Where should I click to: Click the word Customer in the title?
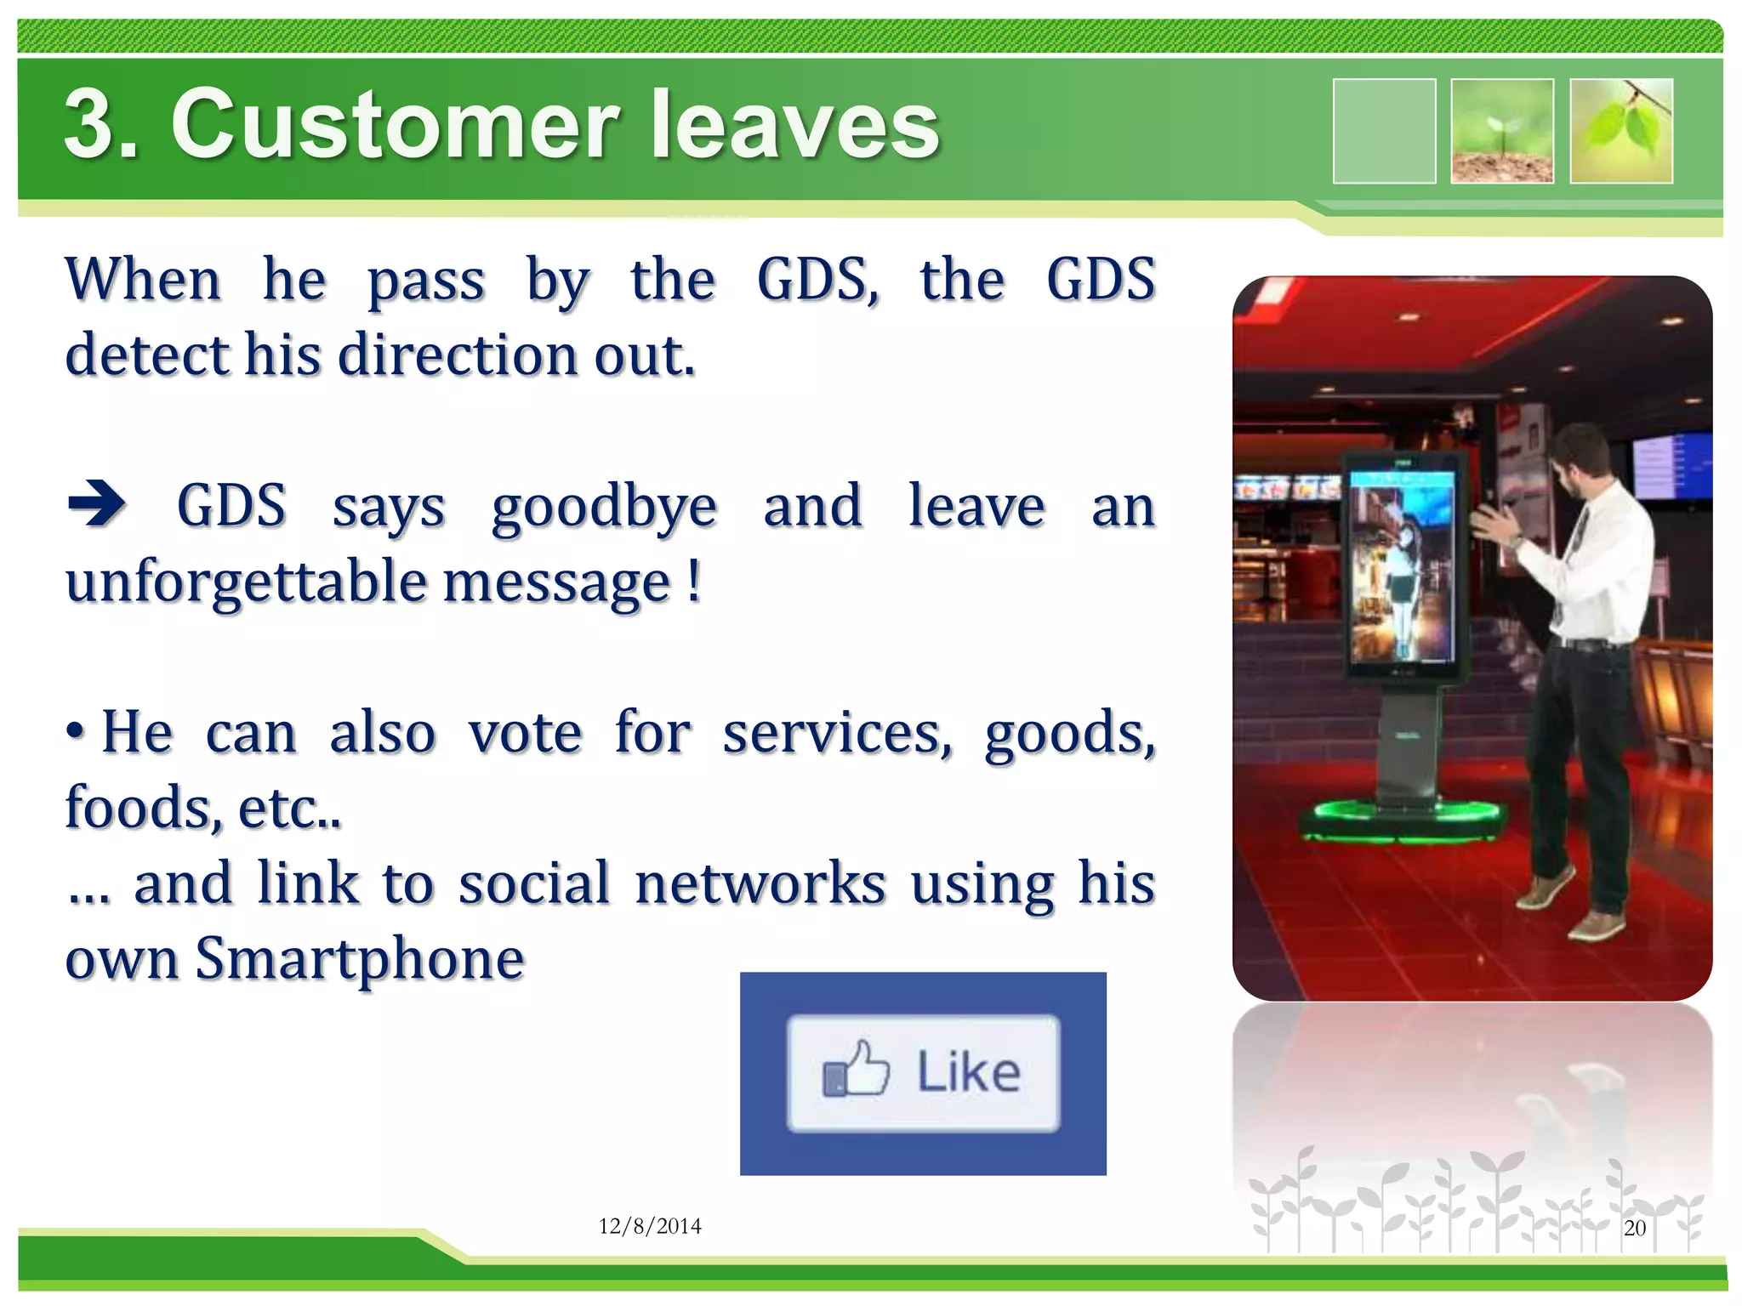[x=396, y=125]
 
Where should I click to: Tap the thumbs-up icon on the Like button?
[x=855, y=1069]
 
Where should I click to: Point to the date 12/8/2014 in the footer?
[x=650, y=1225]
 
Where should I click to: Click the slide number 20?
[x=1634, y=1227]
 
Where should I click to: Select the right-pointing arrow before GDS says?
[x=97, y=503]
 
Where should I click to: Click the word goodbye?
[x=604, y=508]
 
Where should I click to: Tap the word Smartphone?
[x=360, y=958]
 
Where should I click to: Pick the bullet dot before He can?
[x=76, y=730]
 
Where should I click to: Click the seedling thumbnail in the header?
[x=1502, y=130]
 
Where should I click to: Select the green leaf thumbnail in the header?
[x=1621, y=130]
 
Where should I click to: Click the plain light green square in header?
[x=1384, y=130]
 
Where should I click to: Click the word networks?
[x=760, y=883]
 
